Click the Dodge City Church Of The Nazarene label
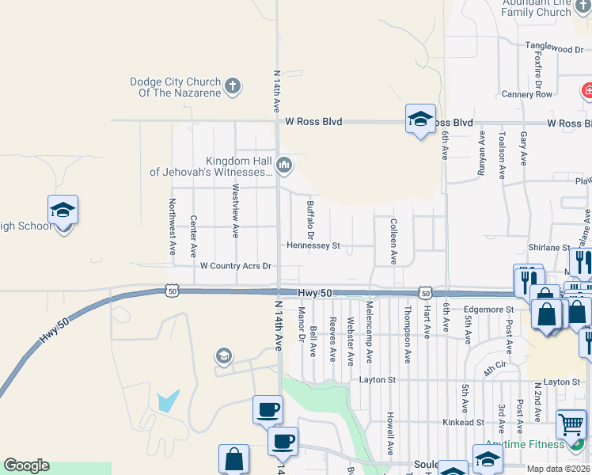(x=176, y=87)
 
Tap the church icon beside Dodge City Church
(x=232, y=85)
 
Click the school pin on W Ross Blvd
(x=420, y=120)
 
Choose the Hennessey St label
(x=313, y=246)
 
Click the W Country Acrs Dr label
(x=236, y=266)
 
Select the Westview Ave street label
(x=235, y=211)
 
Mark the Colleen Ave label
(x=393, y=241)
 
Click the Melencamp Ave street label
(x=369, y=332)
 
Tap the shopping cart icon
(x=571, y=425)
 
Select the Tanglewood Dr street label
(x=554, y=49)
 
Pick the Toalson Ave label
(x=502, y=149)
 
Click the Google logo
(x=26, y=465)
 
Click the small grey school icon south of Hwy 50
(x=224, y=357)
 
